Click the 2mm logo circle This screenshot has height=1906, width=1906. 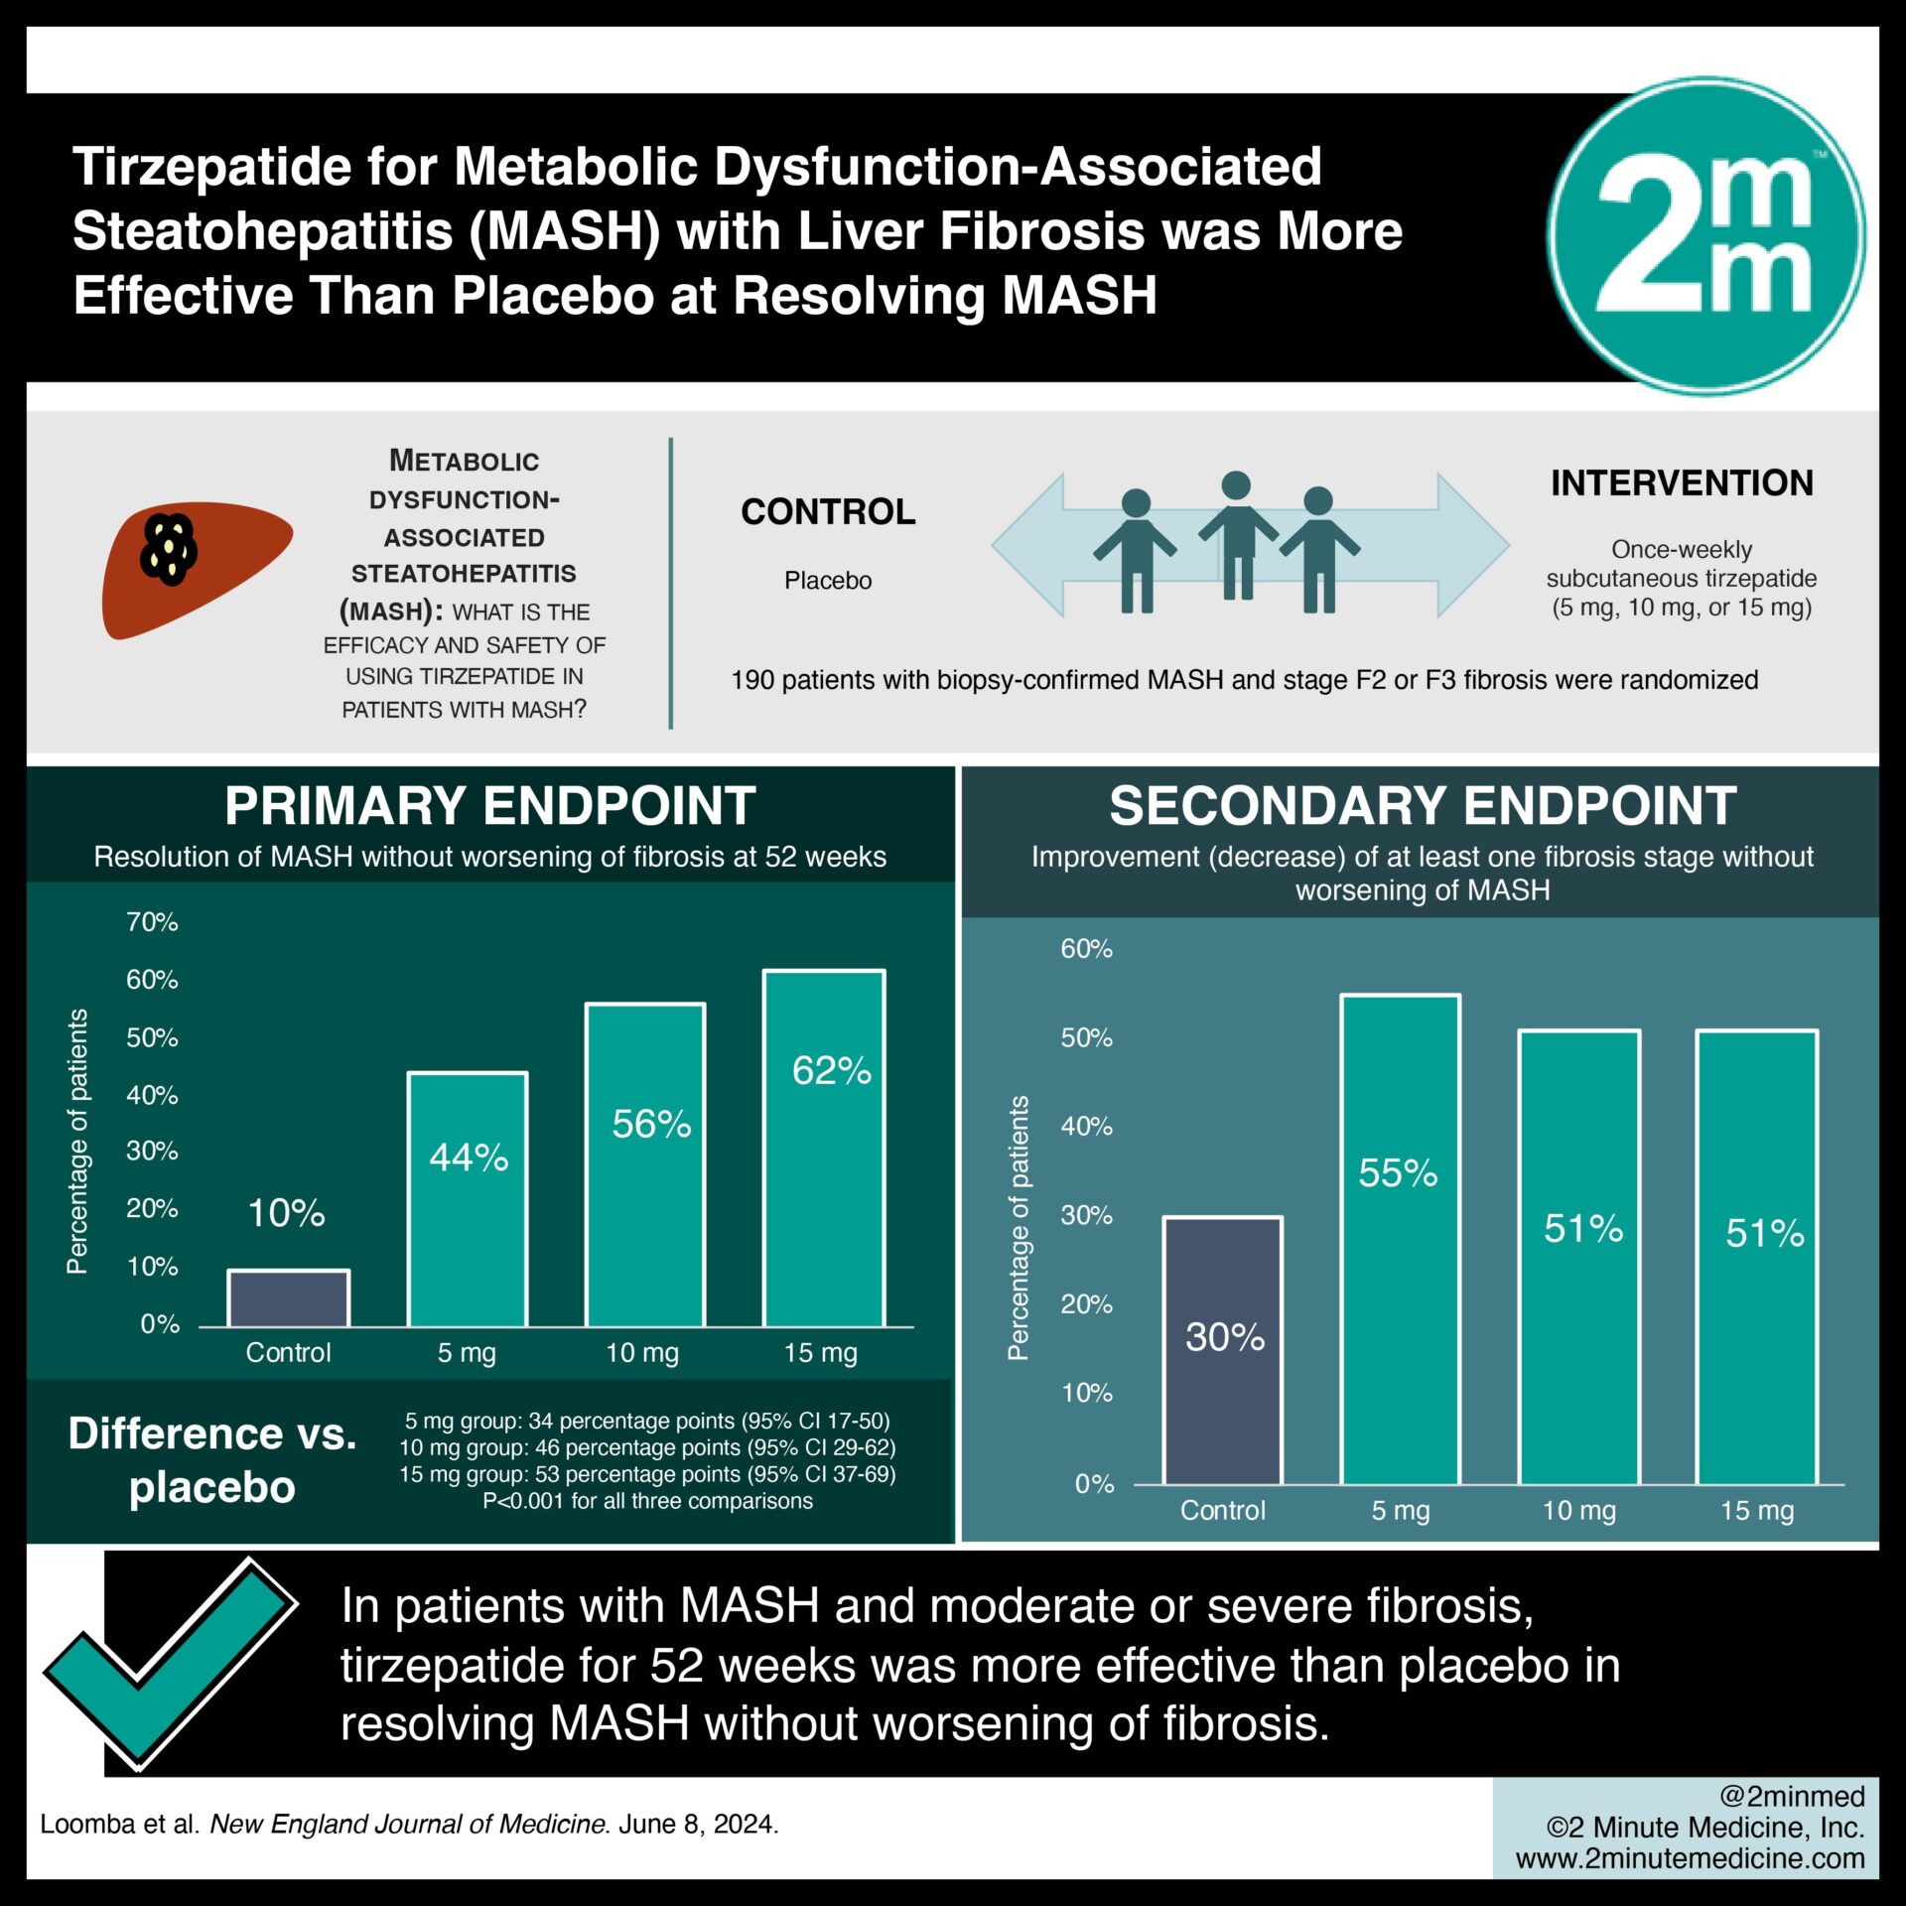1705,236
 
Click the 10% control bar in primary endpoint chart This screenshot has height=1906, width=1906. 288,1298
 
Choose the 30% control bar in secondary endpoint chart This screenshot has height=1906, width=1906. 1223,1350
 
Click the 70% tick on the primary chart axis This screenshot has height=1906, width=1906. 152,922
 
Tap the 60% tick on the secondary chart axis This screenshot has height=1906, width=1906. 1086,949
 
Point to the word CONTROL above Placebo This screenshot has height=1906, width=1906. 828,512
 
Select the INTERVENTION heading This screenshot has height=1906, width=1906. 1682,483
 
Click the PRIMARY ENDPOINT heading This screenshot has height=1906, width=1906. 489,805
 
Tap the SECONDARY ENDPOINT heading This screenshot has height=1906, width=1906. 1423,805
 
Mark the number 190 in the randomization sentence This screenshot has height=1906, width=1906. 751,680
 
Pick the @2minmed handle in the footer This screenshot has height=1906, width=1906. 1791,1796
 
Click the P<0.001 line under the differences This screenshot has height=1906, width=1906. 647,1501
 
